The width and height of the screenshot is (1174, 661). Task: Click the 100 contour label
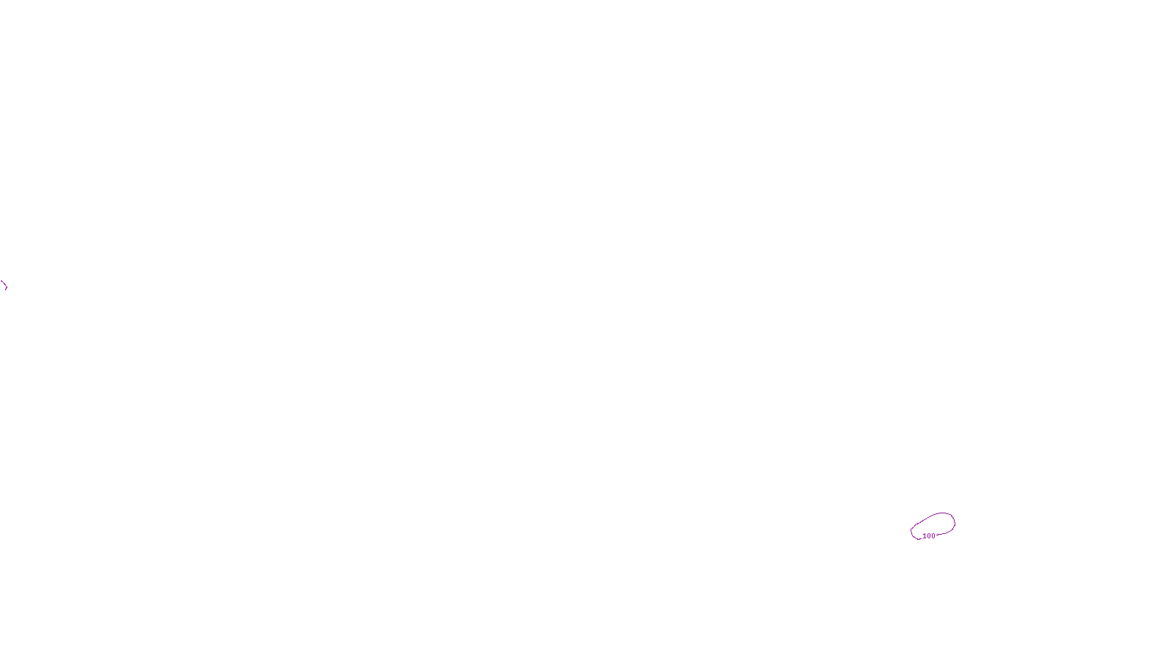(x=929, y=536)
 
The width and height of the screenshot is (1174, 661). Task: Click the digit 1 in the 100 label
(x=925, y=536)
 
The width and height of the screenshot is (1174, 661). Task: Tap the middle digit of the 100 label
(x=929, y=536)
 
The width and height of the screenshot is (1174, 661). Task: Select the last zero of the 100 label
(x=933, y=536)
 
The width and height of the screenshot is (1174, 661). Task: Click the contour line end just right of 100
(x=937, y=535)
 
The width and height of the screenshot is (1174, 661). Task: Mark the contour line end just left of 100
(x=921, y=538)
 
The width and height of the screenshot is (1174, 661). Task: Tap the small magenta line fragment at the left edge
(x=4, y=284)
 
